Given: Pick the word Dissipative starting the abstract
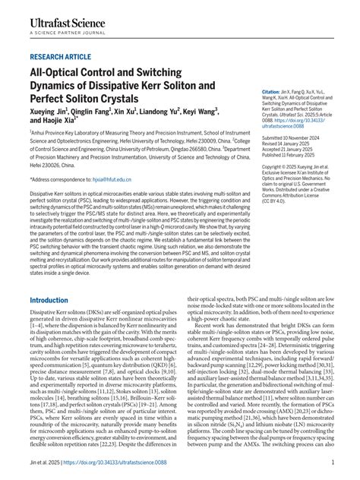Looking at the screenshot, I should pos(44,194).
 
